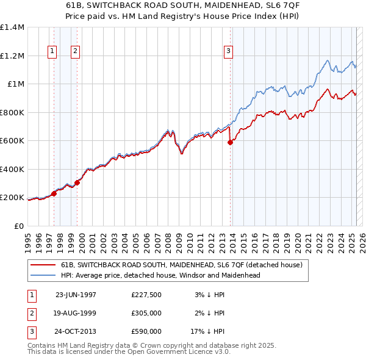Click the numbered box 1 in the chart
click(x=53, y=52)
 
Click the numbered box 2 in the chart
click(x=75, y=52)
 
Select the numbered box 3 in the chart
click(x=228, y=52)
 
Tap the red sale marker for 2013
click(x=230, y=142)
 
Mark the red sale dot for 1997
click(x=54, y=194)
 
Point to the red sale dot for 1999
click(x=77, y=182)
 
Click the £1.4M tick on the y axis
click(x=12, y=27)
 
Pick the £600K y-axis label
click(x=12, y=141)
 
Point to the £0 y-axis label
click(x=18, y=226)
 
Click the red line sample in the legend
click(x=43, y=265)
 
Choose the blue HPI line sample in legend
click(x=43, y=275)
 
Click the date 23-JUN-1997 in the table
click(x=76, y=295)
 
